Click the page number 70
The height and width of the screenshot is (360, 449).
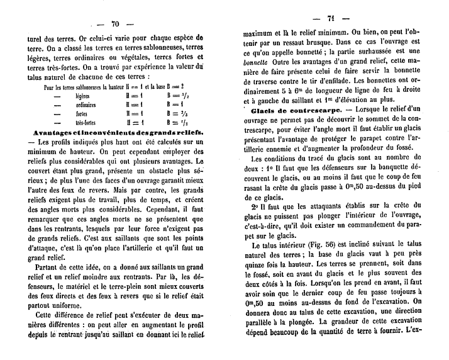pos(115,24)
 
